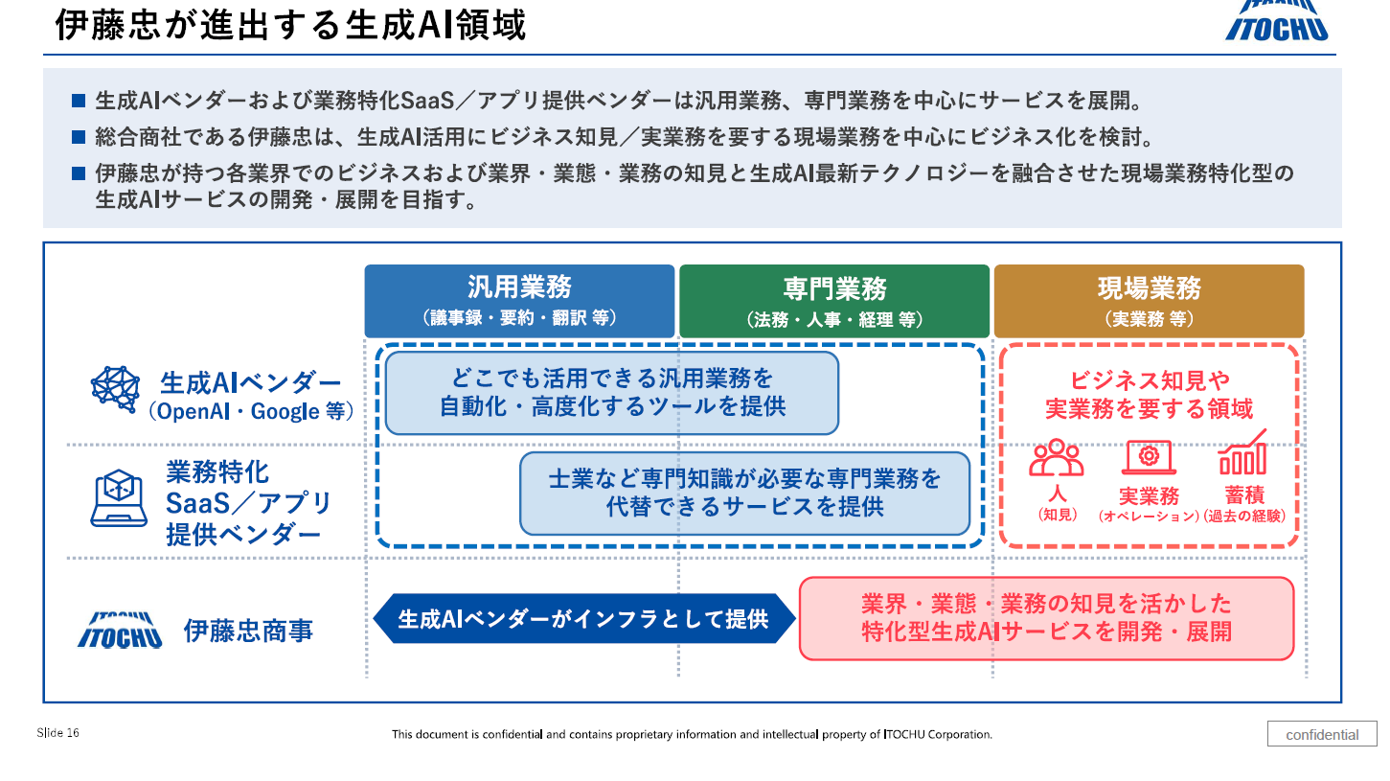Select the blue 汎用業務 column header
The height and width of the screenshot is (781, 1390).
(x=519, y=301)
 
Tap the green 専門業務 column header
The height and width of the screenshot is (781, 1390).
(x=833, y=301)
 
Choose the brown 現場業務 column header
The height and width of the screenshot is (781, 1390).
(x=1149, y=301)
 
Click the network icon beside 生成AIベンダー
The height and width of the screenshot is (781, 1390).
(x=116, y=389)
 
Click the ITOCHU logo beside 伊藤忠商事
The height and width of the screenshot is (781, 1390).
(x=120, y=631)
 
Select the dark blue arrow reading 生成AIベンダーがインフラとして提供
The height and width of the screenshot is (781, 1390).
(x=583, y=619)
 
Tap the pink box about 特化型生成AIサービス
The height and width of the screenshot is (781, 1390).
(x=1046, y=618)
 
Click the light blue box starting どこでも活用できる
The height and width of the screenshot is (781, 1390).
(x=612, y=393)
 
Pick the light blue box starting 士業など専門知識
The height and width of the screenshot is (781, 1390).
(x=744, y=493)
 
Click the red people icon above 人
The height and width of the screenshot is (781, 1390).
(x=1057, y=457)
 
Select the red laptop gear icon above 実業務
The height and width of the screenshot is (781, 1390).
(x=1149, y=457)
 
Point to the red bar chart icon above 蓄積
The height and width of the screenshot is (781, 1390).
(x=1242, y=453)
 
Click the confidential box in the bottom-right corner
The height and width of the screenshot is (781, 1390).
(x=1322, y=735)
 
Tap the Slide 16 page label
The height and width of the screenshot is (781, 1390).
(x=58, y=733)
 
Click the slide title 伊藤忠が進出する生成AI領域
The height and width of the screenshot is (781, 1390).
(x=290, y=26)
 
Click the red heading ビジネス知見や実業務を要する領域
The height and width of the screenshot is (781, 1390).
(x=1149, y=395)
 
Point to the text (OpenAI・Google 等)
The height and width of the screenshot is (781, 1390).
(x=252, y=412)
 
